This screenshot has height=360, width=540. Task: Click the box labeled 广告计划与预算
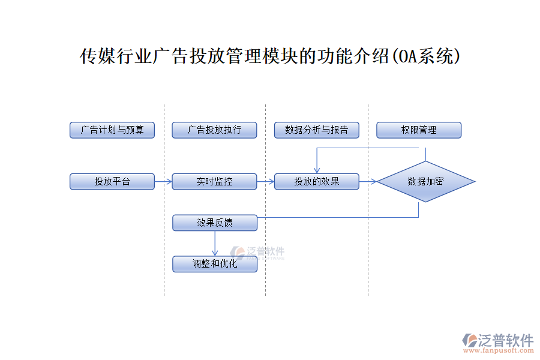[x=112, y=130]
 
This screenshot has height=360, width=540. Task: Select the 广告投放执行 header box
[x=214, y=130]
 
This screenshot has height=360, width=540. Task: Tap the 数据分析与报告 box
[x=316, y=130]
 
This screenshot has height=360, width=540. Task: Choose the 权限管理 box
[x=419, y=130]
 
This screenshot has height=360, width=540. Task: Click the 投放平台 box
[x=112, y=181]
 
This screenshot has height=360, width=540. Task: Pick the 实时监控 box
[x=214, y=181]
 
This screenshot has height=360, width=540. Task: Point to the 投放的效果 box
[x=316, y=181]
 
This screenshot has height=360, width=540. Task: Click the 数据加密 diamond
[x=425, y=181]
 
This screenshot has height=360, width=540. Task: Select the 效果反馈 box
[x=215, y=223]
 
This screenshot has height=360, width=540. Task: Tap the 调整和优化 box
[x=215, y=264]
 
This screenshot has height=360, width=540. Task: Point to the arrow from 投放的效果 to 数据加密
[x=368, y=181]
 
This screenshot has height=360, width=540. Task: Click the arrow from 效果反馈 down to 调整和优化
[x=215, y=244]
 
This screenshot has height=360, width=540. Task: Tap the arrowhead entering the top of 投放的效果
[x=317, y=170]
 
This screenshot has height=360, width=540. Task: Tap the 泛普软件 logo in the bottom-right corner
[x=497, y=341]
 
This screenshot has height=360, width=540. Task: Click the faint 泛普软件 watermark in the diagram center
[x=258, y=253]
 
